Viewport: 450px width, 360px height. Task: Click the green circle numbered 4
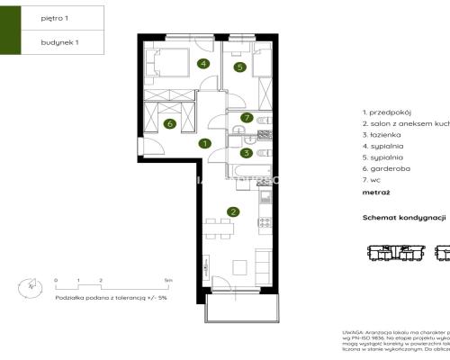point(204,64)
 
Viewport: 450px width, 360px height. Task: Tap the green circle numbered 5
point(240,67)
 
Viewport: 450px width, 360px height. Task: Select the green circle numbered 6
point(170,124)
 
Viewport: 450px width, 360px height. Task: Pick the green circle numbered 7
point(246,118)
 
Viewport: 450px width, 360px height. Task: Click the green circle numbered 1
point(205,143)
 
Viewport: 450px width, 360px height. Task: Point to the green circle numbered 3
point(246,153)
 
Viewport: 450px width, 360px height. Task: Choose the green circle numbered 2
point(233,212)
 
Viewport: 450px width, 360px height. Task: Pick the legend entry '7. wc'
point(371,181)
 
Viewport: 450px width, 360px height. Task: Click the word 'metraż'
point(375,193)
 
